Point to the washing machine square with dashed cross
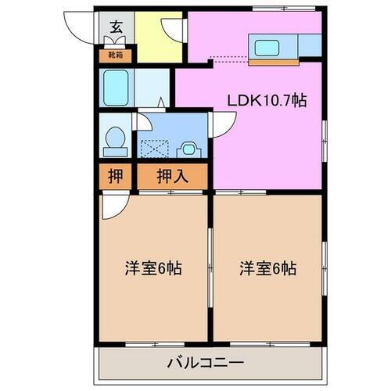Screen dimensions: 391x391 [x=154, y=146]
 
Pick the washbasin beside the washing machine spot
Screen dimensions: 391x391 [x=189, y=146]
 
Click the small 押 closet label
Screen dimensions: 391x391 [x=114, y=176]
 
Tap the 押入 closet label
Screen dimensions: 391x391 [x=172, y=176]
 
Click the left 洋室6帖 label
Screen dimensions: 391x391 [x=152, y=268]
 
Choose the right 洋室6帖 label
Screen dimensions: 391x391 [x=267, y=268]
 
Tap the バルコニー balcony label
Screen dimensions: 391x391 [x=205, y=363]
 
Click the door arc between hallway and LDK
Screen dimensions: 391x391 [x=173, y=30]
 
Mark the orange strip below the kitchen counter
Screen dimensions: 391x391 [x=274, y=61]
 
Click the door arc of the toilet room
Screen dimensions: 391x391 [x=144, y=122]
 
